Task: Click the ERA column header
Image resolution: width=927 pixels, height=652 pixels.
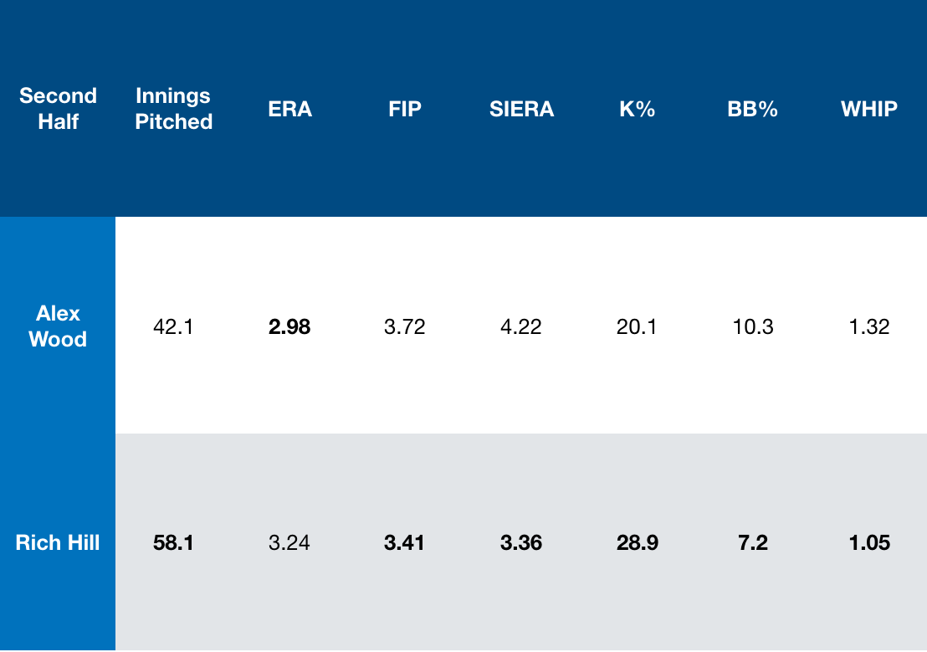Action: [289, 109]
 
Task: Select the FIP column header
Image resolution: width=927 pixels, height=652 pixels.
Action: [405, 109]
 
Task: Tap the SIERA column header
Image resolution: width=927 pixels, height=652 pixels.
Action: [521, 109]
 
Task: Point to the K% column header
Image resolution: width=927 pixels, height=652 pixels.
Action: [637, 109]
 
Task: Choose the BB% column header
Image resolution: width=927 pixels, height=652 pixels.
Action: [752, 109]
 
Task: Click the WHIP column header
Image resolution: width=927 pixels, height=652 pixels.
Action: [869, 109]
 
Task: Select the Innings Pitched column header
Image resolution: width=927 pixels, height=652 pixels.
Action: [174, 109]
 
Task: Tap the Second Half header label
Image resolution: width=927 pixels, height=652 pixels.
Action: [58, 109]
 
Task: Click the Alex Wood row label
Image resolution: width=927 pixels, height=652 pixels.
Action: [58, 326]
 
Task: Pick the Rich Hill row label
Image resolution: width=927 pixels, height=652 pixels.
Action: [58, 542]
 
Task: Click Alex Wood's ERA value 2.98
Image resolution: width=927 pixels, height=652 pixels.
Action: [289, 326]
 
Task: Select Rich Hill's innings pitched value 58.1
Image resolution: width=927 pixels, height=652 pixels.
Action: [174, 543]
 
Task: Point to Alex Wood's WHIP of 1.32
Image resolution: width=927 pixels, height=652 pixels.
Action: [869, 326]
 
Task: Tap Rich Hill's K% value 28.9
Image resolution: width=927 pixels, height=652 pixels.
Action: [637, 543]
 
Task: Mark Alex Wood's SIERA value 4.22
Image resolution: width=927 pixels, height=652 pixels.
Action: [521, 326]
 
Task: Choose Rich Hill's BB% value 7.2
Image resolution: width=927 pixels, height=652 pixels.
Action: [752, 543]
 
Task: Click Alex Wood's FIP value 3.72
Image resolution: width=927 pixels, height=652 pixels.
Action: [405, 326]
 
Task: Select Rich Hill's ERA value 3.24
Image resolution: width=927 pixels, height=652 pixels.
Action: [289, 543]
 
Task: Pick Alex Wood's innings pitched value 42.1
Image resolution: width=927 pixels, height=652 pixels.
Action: [174, 326]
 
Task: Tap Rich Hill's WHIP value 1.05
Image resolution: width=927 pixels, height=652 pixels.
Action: [869, 543]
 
